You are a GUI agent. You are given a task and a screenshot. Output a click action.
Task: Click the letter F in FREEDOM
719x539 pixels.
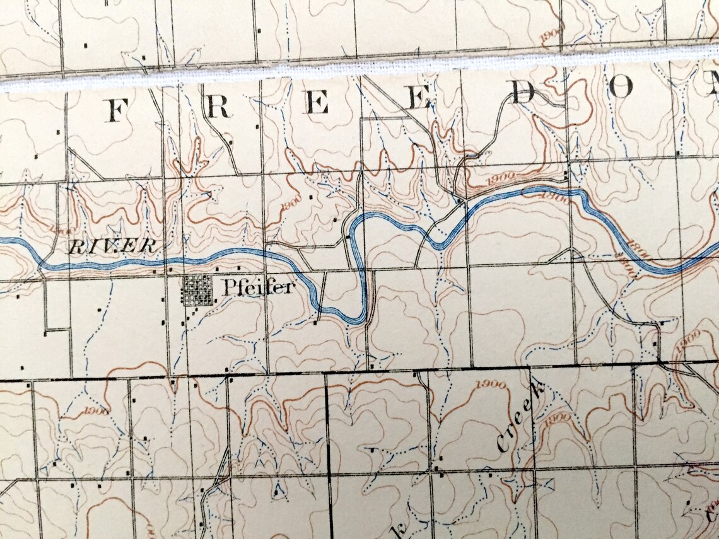[x=115, y=110]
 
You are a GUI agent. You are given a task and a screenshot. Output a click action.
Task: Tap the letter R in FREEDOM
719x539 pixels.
[x=218, y=108]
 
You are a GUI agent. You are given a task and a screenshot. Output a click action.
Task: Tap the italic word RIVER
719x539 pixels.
[x=113, y=246]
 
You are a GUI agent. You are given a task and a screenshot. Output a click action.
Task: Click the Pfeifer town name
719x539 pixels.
[x=258, y=288]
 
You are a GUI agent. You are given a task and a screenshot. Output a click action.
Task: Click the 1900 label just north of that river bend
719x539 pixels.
[x=501, y=178]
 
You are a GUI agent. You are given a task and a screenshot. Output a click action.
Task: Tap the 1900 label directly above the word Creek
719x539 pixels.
[x=493, y=385]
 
